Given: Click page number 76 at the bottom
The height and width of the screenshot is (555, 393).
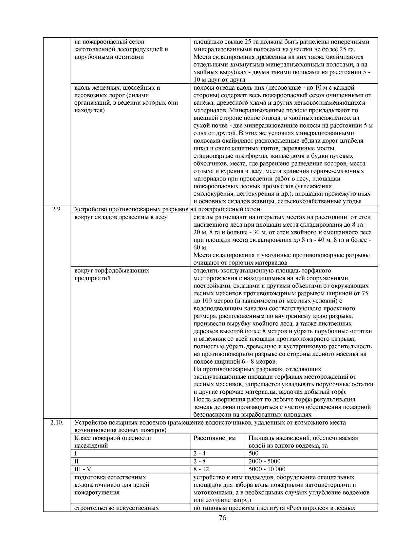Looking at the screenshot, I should click(x=222, y=518).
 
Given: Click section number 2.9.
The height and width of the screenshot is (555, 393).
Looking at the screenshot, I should click(x=57, y=209).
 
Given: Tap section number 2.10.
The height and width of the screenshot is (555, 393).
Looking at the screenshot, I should click(x=57, y=423).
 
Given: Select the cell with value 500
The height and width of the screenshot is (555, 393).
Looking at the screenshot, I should click(x=253, y=453).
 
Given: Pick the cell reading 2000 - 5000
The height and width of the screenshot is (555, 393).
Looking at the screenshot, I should click(x=264, y=461).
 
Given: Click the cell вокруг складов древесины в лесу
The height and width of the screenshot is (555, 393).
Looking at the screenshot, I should click(x=121, y=217).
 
